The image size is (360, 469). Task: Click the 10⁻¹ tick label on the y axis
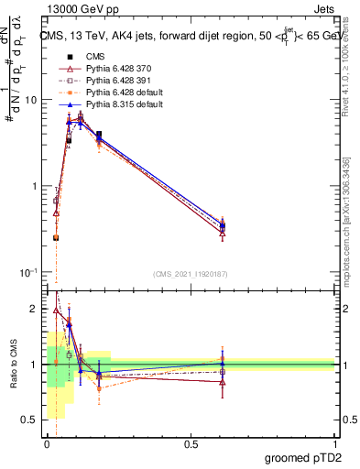tap(30, 272)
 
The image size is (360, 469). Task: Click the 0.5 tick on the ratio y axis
tap(31, 420)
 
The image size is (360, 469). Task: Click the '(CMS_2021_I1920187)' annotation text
tap(191, 273)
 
